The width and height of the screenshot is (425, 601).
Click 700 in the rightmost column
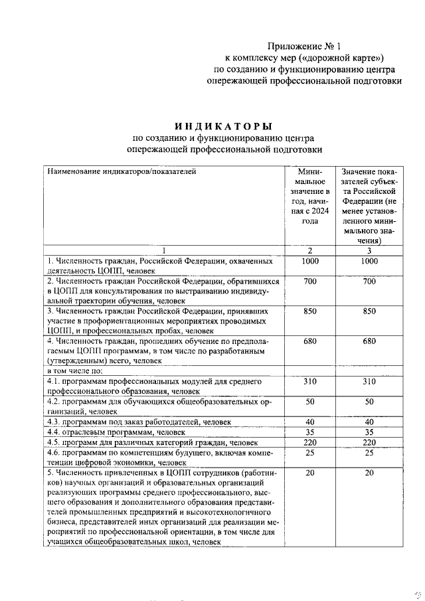point(370,282)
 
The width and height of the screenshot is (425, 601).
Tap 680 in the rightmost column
point(370,341)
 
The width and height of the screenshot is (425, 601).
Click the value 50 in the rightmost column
point(370,402)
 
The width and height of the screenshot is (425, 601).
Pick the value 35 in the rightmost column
point(370,432)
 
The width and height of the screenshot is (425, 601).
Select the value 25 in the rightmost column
point(370,452)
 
